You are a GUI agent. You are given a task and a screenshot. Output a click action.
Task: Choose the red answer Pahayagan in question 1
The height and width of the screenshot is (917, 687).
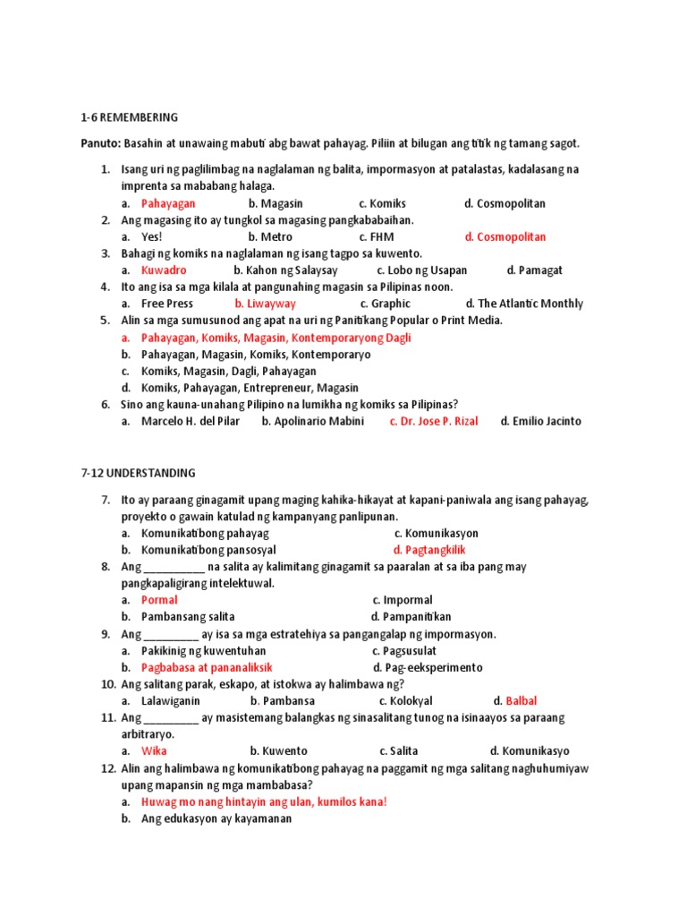pyautogui.click(x=168, y=203)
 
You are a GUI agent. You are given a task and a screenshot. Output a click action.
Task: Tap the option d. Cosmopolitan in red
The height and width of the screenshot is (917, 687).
pyautogui.click(x=505, y=237)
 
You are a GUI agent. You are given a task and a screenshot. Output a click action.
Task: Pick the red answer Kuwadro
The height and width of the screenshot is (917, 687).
pyautogui.click(x=164, y=270)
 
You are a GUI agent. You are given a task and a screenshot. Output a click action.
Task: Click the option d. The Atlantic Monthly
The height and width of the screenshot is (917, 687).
pyautogui.click(x=524, y=304)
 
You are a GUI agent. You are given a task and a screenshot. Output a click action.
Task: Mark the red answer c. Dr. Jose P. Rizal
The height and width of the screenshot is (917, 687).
pyautogui.click(x=434, y=422)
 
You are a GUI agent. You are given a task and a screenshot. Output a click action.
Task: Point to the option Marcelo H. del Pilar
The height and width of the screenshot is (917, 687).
pyautogui.click(x=191, y=422)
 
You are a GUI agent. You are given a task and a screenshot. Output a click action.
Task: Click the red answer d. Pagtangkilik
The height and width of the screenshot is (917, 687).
pyautogui.click(x=429, y=550)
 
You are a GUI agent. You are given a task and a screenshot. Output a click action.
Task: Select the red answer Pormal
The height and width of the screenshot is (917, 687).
pyautogui.click(x=159, y=600)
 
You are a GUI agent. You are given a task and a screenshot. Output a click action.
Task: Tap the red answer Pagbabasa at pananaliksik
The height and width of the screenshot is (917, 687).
pyautogui.click(x=207, y=668)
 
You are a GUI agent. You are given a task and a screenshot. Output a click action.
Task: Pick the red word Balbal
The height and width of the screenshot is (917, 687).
pyautogui.click(x=522, y=701)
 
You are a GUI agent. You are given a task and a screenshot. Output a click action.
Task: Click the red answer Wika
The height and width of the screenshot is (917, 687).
pyautogui.click(x=154, y=751)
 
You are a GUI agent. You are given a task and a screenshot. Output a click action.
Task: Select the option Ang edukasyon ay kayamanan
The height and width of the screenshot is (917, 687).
pyautogui.click(x=216, y=818)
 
